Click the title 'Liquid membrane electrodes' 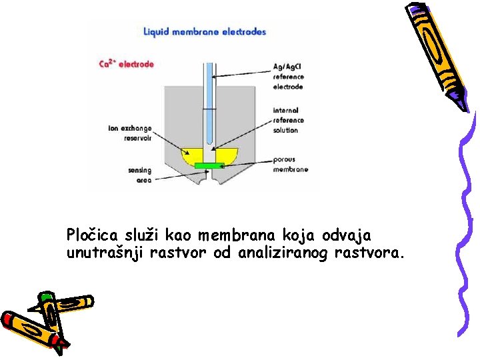click(205, 31)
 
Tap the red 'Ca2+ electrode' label click(126, 64)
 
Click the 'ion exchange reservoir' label click(130, 133)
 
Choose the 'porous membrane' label click(290, 165)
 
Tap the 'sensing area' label click(139, 175)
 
